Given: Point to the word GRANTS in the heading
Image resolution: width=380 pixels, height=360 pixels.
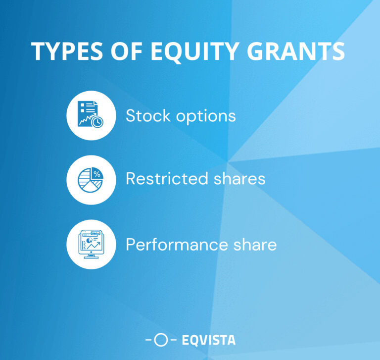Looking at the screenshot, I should click(301, 51).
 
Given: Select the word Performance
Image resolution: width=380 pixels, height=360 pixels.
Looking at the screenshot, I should click(169, 244).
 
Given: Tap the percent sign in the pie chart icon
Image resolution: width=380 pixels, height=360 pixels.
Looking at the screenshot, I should click(97, 174).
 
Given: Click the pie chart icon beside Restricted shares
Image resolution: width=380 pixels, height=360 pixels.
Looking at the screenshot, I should click(91, 180).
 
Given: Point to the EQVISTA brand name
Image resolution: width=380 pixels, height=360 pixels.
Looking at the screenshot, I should click(208, 340).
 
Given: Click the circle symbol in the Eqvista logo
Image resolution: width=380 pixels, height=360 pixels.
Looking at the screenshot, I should click(160, 340).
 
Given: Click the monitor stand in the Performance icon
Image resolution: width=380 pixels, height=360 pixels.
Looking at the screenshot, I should click(91, 255).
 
